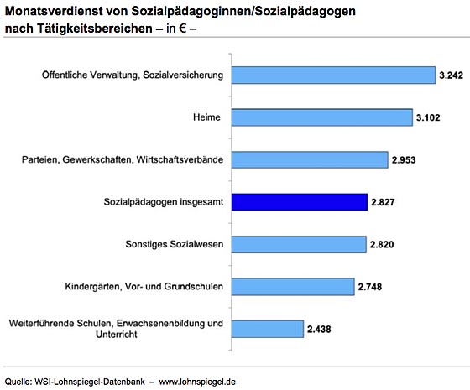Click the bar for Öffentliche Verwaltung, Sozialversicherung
pyautogui.click(x=333, y=75)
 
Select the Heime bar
pyautogui.click(x=322, y=117)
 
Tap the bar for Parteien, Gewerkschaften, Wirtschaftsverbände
pyautogui.click(x=310, y=159)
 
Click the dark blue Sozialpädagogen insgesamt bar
pyautogui.click(x=300, y=202)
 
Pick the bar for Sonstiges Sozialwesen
pyautogui.click(x=299, y=244)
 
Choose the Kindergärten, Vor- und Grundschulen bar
pyautogui.click(x=293, y=287)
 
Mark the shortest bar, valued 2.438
pyautogui.click(x=268, y=329)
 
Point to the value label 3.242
pyautogui.click(x=452, y=75)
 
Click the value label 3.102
pyautogui.click(x=428, y=117)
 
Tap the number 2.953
pyautogui.click(x=404, y=159)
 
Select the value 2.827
pyautogui.click(x=383, y=202)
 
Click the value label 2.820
pyautogui.click(x=382, y=244)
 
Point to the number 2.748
pyautogui.click(x=370, y=287)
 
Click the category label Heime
pyautogui.click(x=206, y=117)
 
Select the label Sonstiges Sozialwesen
pyautogui.click(x=175, y=244)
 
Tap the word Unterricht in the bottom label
pyautogui.click(x=117, y=335)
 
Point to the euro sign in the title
pyautogui.click(x=183, y=29)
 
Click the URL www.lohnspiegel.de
pyautogui.click(x=197, y=382)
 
